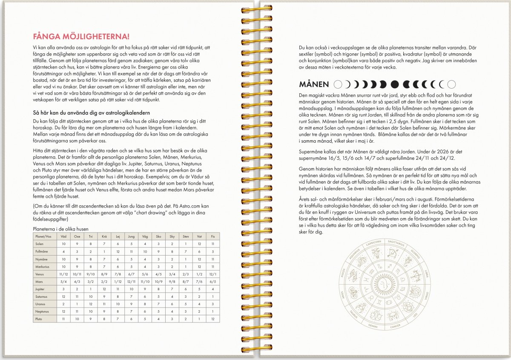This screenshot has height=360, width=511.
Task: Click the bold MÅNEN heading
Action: click(x=314, y=84)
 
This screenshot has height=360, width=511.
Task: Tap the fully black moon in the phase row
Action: click(x=394, y=84)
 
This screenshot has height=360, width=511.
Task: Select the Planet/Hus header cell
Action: click(x=44, y=236)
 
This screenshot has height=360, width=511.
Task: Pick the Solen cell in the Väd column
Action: click(x=63, y=244)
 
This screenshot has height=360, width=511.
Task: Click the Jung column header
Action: click(x=131, y=236)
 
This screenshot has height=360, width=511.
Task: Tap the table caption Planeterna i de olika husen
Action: click(x=61, y=229)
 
